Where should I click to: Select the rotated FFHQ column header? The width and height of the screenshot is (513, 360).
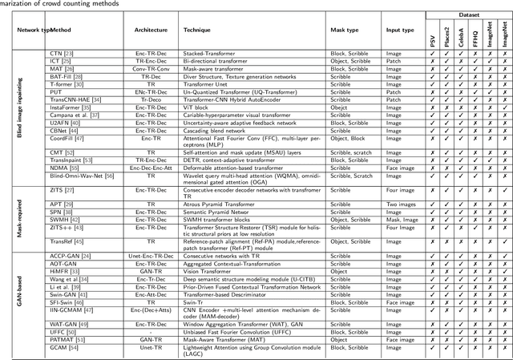pos(473,34)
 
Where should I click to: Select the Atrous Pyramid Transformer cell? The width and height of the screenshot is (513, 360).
pos(220,204)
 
